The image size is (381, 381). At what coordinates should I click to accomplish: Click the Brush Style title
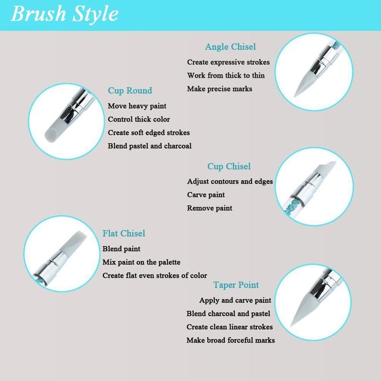click(65, 14)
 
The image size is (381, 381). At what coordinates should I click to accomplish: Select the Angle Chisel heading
click(231, 47)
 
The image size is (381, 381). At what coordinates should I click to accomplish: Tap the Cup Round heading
click(130, 90)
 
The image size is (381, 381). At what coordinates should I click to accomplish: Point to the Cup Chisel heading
click(229, 166)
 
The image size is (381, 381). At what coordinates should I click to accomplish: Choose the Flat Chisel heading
click(124, 233)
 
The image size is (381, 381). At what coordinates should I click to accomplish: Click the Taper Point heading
click(236, 285)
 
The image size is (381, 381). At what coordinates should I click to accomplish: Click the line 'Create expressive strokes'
click(229, 62)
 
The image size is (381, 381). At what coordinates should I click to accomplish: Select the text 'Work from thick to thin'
click(226, 75)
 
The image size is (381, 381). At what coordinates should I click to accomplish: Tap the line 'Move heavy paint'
click(137, 106)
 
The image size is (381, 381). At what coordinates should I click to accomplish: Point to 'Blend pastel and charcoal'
click(150, 146)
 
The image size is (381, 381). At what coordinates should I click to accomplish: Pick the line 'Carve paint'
click(206, 195)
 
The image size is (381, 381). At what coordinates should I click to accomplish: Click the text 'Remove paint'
click(210, 208)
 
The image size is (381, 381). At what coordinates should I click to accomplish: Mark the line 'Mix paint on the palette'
click(141, 262)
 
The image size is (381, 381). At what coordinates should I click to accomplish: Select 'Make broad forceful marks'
click(231, 340)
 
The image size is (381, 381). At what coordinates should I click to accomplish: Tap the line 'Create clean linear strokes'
click(230, 327)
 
